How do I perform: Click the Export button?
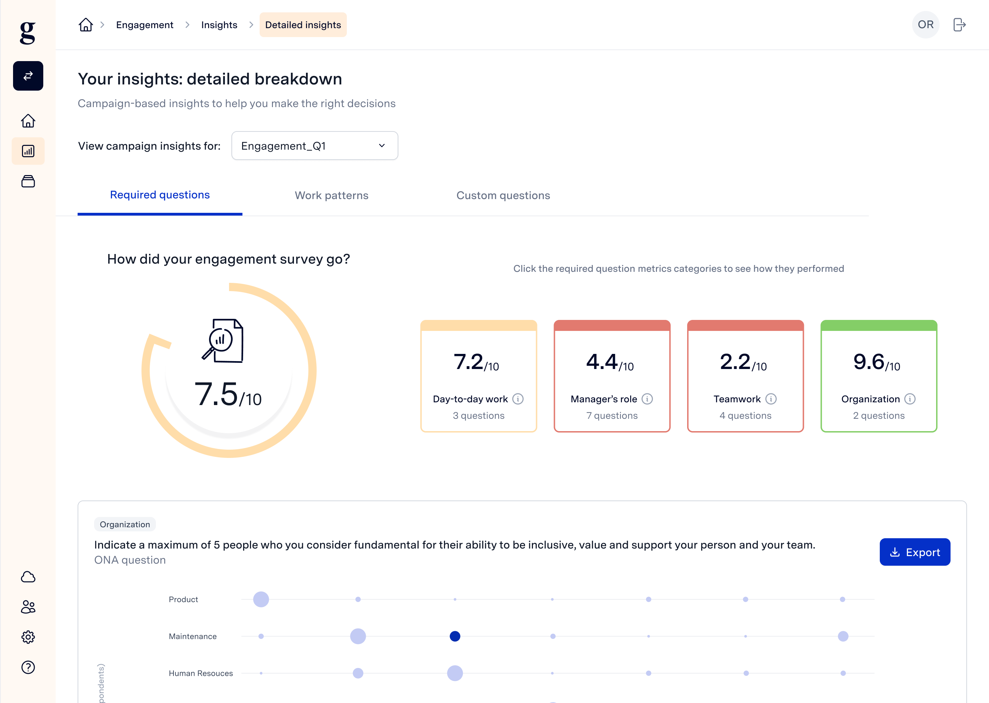click(914, 552)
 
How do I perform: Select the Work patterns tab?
click(331, 196)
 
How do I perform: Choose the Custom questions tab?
click(503, 196)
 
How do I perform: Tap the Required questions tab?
click(160, 195)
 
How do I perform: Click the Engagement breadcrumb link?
click(145, 25)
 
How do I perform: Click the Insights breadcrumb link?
click(219, 25)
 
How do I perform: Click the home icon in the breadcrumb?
click(86, 25)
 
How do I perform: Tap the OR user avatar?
click(925, 25)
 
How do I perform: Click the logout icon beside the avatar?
click(959, 25)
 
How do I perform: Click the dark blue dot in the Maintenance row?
click(455, 636)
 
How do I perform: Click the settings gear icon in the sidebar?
click(28, 637)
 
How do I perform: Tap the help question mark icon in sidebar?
click(28, 667)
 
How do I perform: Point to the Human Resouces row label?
click(201, 673)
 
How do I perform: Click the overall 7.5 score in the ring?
click(228, 394)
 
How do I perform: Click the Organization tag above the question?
click(125, 524)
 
